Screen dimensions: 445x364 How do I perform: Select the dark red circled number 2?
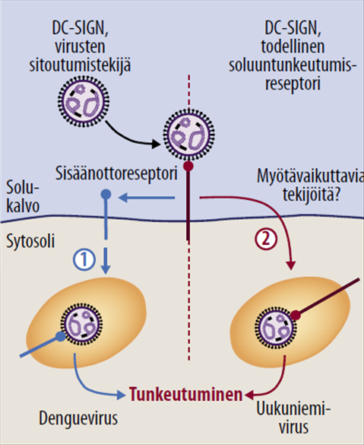[x=262, y=237]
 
